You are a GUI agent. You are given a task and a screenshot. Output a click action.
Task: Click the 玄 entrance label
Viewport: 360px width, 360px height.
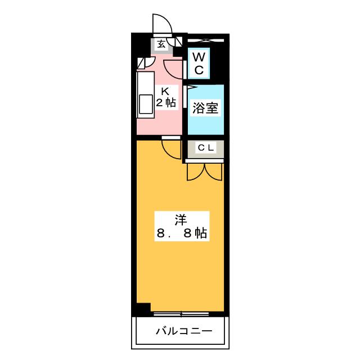[x=161, y=44]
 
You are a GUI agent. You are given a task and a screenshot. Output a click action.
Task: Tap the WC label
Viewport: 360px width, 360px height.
[x=199, y=64]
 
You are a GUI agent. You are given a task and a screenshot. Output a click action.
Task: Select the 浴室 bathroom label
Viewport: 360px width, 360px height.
[x=205, y=108]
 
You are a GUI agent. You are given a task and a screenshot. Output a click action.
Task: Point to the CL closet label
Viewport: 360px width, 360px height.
[x=206, y=148]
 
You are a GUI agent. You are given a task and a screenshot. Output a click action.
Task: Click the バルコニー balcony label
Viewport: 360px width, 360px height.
[x=184, y=331]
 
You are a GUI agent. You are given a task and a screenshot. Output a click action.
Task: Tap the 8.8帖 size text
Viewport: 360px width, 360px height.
[x=182, y=233]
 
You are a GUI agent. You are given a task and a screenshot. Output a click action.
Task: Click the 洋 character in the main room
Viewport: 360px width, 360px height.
[x=181, y=220]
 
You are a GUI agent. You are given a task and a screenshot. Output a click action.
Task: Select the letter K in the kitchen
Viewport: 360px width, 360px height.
[x=165, y=92]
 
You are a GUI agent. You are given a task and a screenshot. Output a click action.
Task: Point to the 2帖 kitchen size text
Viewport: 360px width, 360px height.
[x=166, y=102]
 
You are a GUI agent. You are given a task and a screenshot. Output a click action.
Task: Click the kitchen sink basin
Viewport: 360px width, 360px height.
[x=146, y=104]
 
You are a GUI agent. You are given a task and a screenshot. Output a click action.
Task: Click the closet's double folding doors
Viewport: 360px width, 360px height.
[x=205, y=172]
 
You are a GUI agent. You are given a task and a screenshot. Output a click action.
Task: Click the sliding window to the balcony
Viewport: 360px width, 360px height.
[x=181, y=314]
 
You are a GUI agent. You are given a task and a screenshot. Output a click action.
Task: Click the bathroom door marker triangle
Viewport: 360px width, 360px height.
[x=192, y=87]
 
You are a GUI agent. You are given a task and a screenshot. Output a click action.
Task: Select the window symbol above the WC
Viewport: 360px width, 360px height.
[x=205, y=40]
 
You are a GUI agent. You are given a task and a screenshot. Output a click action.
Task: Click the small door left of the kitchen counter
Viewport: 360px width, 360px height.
[x=146, y=63]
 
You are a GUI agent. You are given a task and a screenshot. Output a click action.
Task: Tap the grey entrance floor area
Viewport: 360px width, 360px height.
[x=161, y=46]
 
